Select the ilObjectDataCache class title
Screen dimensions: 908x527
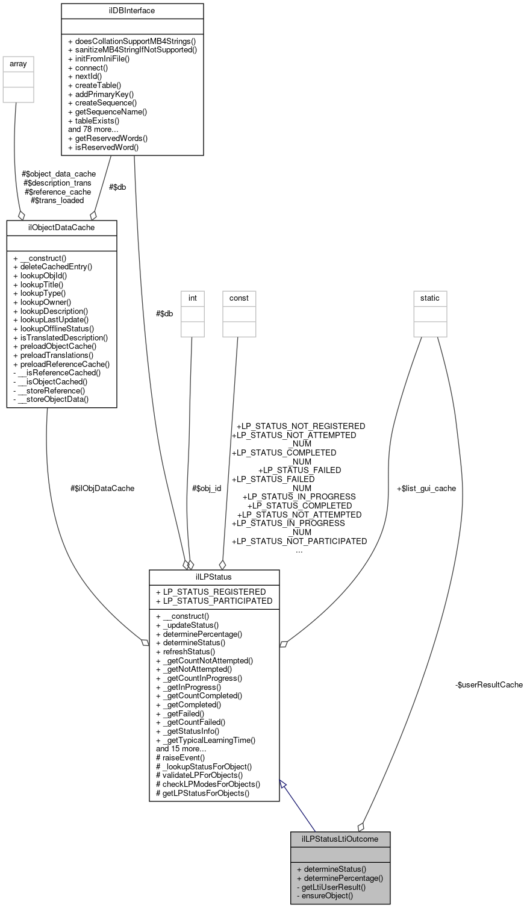pyautogui.click(x=61, y=227)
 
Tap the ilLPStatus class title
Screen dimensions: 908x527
pyautogui.click(x=214, y=577)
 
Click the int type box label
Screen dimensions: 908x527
pyautogui.click(x=192, y=298)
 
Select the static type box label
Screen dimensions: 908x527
pyautogui.click(x=430, y=298)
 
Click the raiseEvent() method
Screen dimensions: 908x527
pyautogui.click(x=180, y=757)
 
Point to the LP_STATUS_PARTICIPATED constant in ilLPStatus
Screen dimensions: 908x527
pyautogui.click(x=214, y=600)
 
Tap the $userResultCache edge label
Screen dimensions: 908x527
pyautogui.click(x=489, y=684)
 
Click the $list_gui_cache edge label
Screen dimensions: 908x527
pyautogui.click(x=426, y=488)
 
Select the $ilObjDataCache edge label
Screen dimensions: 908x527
pyautogui.click(x=102, y=488)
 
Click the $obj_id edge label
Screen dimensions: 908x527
pyautogui.click(x=206, y=488)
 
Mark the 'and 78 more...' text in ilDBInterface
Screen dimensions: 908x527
pyautogui.click(x=96, y=129)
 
